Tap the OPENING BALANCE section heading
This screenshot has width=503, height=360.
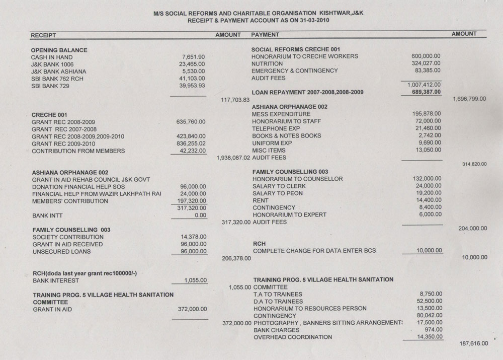click(x=59, y=50)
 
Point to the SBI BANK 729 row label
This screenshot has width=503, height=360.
click(x=51, y=86)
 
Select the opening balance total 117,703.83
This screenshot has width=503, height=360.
click(x=235, y=100)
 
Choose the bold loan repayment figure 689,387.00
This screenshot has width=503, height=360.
click(x=424, y=92)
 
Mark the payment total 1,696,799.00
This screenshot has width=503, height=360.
click(x=470, y=99)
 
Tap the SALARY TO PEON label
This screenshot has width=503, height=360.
click(x=278, y=193)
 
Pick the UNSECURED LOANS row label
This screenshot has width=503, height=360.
click(x=61, y=252)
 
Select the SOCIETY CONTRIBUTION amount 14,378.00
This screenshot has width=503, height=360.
click(x=193, y=237)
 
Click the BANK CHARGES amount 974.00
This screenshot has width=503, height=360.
click(x=432, y=330)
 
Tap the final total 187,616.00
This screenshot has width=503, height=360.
click(x=474, y=344)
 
